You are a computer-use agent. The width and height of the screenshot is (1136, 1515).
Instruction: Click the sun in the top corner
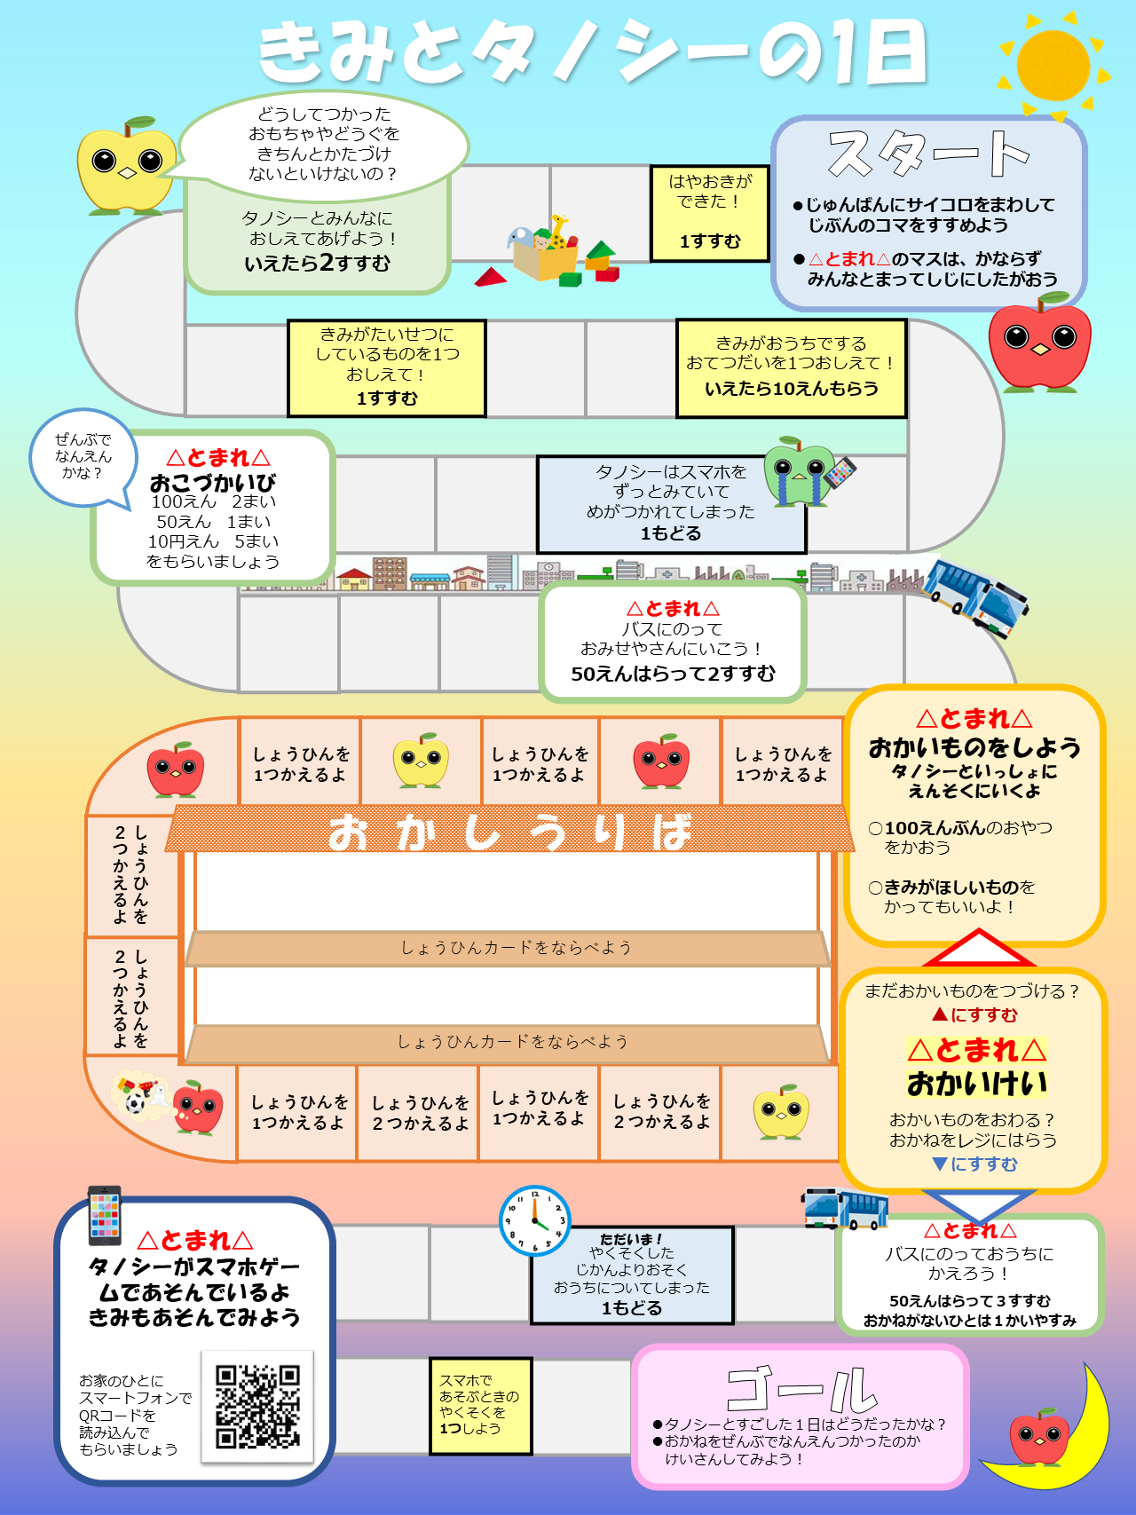(1053, 65)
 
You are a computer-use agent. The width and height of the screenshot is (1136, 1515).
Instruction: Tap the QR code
(257, 1407)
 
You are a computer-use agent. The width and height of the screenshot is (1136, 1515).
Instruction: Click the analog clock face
(535, 1220)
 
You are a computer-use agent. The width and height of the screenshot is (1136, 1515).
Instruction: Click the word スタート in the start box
(928, 153)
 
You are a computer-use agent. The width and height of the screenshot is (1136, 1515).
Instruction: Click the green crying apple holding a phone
(799, 470)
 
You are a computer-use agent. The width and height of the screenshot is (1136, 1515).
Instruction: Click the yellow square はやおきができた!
(709, 213)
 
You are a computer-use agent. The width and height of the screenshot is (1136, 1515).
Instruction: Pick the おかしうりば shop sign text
(509, 832)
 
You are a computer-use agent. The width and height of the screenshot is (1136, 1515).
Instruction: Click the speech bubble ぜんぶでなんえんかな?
(83, 456)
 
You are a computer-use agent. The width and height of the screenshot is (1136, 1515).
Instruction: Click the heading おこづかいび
(213, 483)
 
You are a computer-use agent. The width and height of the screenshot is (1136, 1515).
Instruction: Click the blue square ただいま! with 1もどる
(632, 1274)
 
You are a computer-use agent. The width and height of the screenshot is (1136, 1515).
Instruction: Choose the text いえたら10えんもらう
(791, 389)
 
